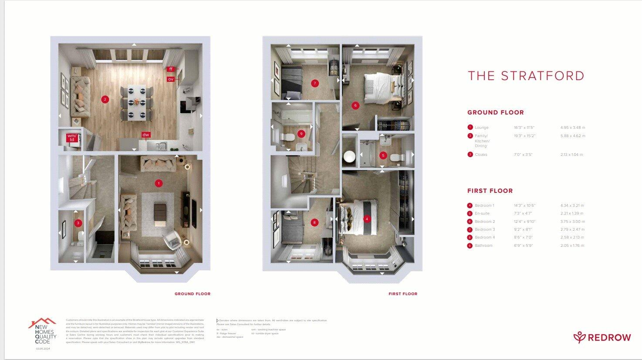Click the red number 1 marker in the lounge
tap(159, 183)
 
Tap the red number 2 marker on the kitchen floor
tap(105, 99)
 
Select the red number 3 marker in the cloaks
tap(78, 223)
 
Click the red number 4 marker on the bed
tap(367, 219)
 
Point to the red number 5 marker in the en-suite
tap(383, 155)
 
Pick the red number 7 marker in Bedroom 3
tap(315, 83)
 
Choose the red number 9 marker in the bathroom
tap(301, 134)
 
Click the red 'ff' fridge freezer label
tap(171, 69)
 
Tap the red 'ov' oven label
tap(171, 79)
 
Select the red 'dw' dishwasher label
tap(145, 135)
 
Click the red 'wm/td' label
tap(72, 138)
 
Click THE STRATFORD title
tap(526, 76)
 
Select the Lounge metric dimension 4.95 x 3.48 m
tap(572, 128)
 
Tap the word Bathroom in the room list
tap(483, 246)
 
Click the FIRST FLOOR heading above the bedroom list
tap(490, 191)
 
